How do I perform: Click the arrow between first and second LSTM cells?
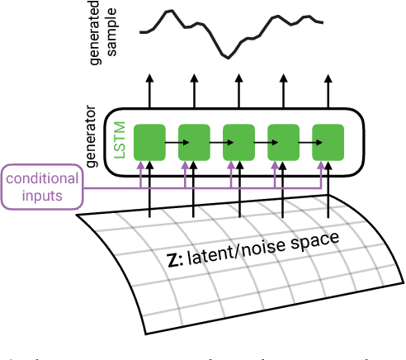pos(172,142)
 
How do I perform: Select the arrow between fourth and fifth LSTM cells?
pos(305,142)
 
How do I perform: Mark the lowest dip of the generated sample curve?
pos(227,57)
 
